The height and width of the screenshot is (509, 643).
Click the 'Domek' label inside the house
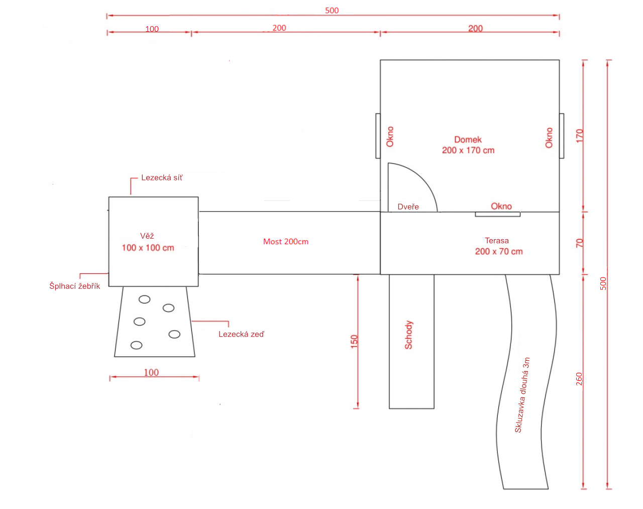coord(468,140)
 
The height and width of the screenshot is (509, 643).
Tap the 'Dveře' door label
coord(408,207)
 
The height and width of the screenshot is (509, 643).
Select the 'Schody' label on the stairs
coord(409,335)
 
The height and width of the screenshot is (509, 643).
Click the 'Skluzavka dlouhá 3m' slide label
coord(522,395)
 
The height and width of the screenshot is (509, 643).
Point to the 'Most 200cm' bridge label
coord(286,242)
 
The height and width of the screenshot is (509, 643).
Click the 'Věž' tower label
coord(147,236)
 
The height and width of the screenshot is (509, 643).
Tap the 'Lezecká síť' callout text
coord(162,178)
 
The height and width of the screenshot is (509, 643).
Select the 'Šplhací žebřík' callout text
coord(74,286)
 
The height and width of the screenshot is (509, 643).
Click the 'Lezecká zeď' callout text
coord(241,334)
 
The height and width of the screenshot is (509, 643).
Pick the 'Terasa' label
coord(497,241)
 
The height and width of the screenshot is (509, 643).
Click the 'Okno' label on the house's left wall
coord(390,137)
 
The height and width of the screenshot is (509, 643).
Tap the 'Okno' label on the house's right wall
coord(549,138)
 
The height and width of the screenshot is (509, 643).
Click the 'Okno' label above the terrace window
coord(501,206)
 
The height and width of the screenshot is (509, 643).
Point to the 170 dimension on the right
coord(580,136)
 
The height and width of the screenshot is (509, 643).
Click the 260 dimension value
coord(579,379)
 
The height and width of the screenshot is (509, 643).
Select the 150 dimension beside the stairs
coord(354,342)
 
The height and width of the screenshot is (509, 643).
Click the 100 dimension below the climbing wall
coord(151,372)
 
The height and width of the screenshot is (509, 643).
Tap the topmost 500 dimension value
coord(332,11)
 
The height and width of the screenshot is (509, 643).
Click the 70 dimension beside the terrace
coord(580,243)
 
